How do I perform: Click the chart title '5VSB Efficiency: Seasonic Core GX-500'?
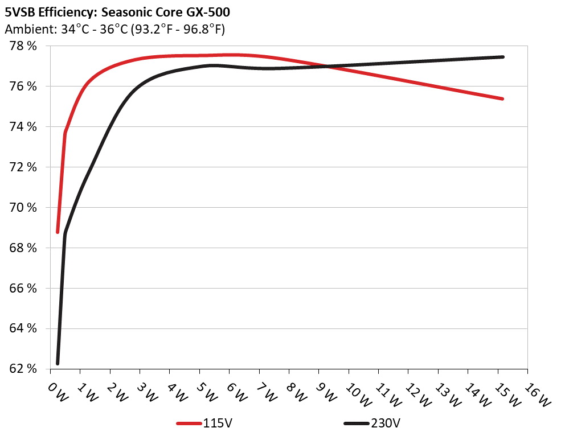[x=117, y=11]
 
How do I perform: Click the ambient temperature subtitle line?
[x=114, y=29]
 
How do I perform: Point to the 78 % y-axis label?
[x=23, y=46]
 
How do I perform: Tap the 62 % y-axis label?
[x=23, y=369]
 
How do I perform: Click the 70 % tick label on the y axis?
[x=23, y=208]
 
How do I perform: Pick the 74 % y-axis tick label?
[x=23, y=127]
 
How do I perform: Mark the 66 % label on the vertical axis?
[x=23, y=289]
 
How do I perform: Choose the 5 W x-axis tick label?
[x=206, y=393]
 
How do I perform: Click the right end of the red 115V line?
[x=503, y=99]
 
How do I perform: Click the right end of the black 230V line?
[x=503, y=57]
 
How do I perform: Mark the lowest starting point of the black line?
[x=58, y=363]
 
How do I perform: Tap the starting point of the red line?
[x=58, y=232]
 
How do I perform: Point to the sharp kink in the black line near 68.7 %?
[x=65, y=233]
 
